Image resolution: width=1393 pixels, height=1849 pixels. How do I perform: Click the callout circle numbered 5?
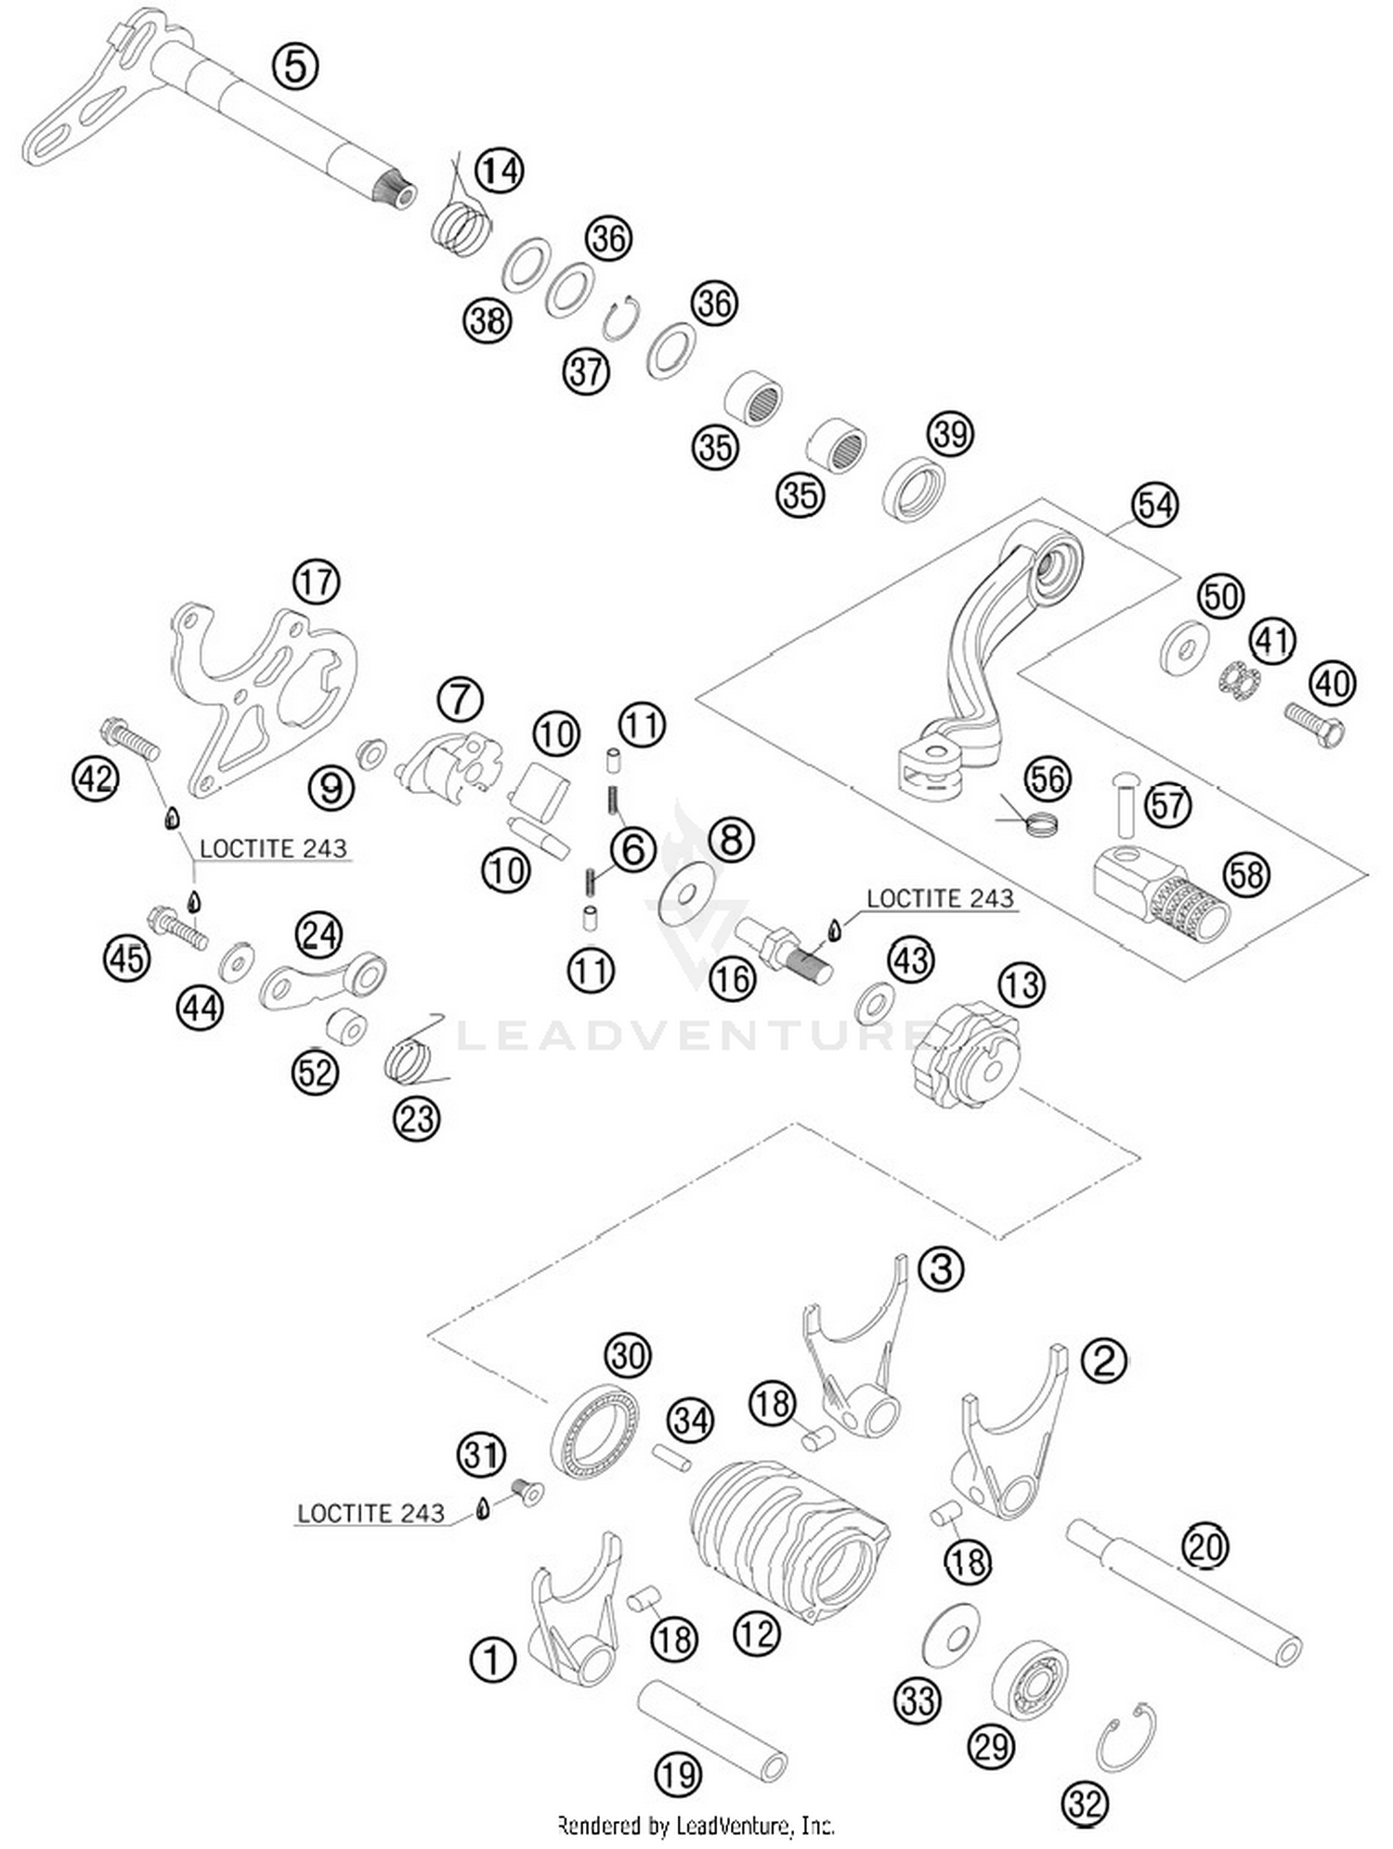[x=295, y=67]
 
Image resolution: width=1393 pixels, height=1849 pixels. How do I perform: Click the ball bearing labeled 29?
[x=1029, y=1684]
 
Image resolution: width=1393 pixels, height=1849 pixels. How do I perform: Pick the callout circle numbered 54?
[x=1154, y=505]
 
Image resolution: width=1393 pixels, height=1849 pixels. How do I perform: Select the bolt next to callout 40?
[x=1315, y=725]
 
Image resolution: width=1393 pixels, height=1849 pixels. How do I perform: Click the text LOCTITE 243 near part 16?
[x=940, y=898]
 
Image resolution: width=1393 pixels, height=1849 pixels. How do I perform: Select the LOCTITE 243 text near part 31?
[x=371, y=1513]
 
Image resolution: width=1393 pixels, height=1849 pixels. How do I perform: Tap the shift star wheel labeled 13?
[x=966, y=1056]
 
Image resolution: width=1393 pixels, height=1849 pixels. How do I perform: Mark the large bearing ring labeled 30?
[x=594, y=1431]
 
